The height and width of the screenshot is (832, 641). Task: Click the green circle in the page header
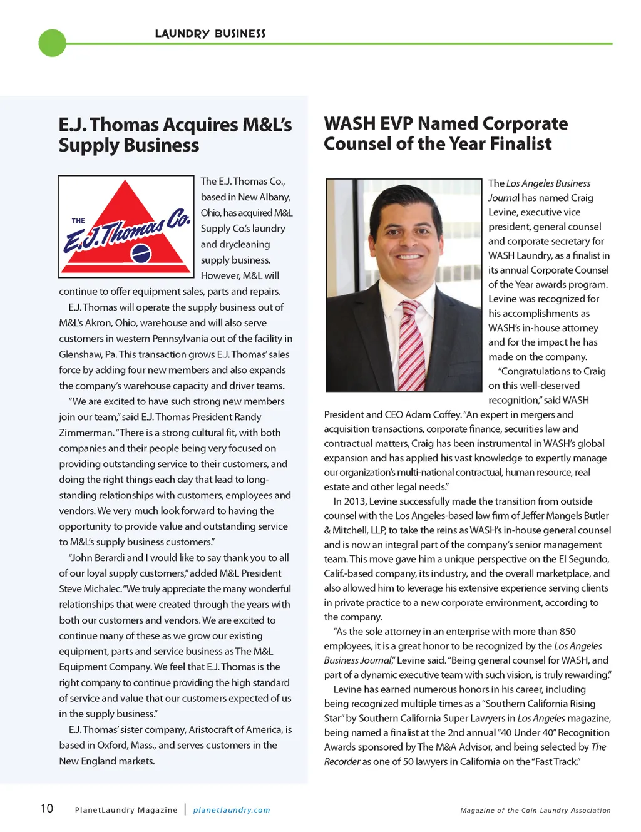pos(52,43)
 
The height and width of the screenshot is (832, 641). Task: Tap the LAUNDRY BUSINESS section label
pos(210,34)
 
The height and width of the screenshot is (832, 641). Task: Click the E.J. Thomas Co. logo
pos(126,227)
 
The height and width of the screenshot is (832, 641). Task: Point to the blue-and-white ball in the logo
pos(141,254)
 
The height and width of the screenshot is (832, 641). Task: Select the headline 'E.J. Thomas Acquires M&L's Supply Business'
pos(175,135)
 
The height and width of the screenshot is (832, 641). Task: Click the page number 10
pos(47,808)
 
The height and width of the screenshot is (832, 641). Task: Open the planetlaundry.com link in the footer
pos(232,810)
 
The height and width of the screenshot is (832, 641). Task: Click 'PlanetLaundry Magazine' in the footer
pos(126,810)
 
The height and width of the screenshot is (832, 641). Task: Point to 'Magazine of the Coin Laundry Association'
pos(535,810)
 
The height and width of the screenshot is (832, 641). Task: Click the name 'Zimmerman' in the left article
pos(86,433)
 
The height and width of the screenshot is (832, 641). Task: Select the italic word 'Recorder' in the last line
pos(342,762)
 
